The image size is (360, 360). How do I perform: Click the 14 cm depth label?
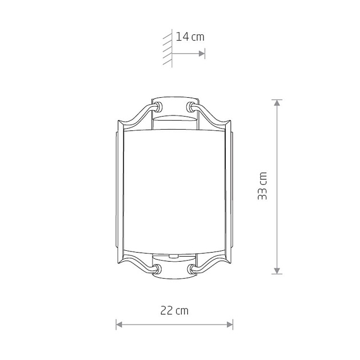(x=190, y=37)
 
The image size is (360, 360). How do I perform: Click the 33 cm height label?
(x=262, y=186)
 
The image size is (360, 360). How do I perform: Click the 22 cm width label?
(x=174, y=311)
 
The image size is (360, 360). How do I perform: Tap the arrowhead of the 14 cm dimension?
(x=202, y=54)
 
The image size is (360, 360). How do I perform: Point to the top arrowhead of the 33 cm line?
(x=277, y=103)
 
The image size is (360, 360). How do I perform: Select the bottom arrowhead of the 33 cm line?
(x=277, y=271)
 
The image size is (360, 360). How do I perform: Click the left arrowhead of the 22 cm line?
(x=119, y=325)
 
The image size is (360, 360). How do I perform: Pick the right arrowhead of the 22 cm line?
(x=230, y=325)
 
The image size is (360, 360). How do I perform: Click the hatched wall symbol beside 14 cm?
(x=167, y=48)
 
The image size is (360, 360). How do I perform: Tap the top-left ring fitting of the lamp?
(x=158, y=107)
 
